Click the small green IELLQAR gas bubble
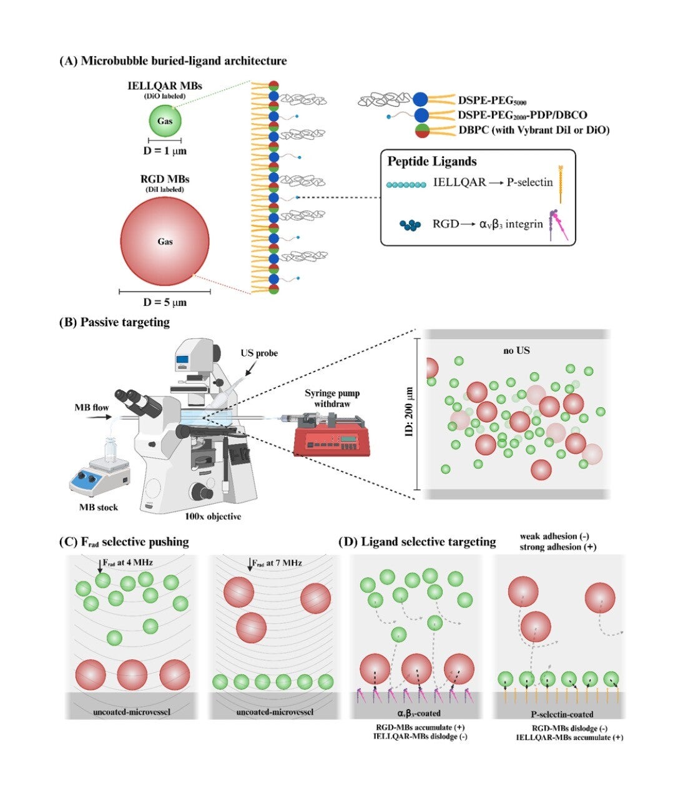pos(165,121)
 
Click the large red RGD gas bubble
pos(165,242)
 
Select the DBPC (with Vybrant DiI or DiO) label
pos(533,130)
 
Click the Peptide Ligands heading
pos(432,161)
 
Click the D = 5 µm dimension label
pos(165,302)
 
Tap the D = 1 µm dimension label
pos(165,150)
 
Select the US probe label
pos(259,353)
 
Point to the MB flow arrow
pos(94,416)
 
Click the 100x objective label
pos(213,516)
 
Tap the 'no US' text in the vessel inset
pos(516,351)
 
